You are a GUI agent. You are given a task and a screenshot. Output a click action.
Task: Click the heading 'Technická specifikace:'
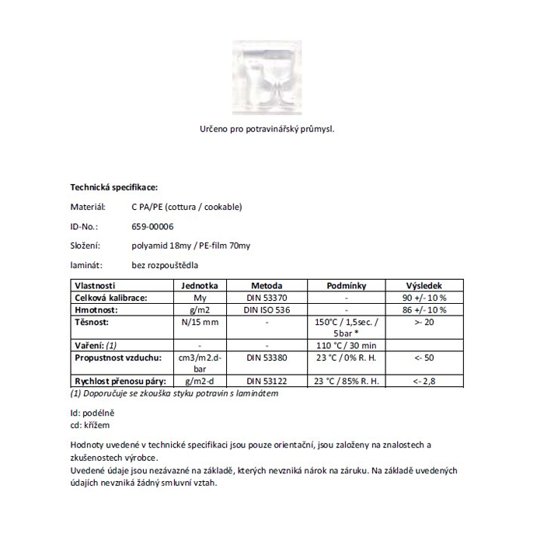114,187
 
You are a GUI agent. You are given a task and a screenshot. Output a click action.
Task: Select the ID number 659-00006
153,226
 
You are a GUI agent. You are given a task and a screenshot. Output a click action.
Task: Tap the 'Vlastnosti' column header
95,285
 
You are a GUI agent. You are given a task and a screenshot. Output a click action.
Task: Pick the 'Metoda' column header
267,285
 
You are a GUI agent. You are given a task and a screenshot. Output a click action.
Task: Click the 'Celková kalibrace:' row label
110,298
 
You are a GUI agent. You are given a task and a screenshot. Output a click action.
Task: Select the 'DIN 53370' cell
267,298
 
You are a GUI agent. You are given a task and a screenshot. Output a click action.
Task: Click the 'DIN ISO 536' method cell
267,309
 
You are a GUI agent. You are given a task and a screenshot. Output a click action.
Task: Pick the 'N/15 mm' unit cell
200,321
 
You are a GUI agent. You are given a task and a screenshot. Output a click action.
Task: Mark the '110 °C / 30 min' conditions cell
345,344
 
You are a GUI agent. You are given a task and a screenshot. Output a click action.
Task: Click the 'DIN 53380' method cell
267,357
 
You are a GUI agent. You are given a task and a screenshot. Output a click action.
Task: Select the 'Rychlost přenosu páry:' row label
120,381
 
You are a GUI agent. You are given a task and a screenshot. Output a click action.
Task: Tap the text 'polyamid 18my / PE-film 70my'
191,246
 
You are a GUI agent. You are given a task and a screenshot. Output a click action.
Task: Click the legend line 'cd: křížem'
89,426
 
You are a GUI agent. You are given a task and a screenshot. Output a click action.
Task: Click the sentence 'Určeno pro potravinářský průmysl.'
267,129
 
